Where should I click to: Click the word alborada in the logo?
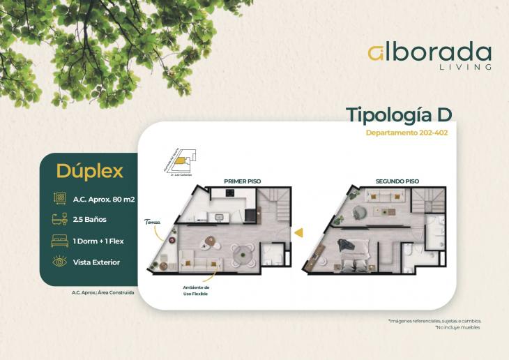coord(430,53)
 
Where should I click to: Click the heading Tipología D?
coord(399,115)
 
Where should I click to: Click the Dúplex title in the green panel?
coord(90,171)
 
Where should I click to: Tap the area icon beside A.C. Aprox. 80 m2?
coord(59,199)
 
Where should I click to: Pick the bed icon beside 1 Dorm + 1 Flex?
coord(59,241)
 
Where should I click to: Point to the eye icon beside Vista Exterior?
coord(59,262)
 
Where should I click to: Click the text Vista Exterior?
coord(96,262)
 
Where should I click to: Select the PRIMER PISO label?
coord(242,181)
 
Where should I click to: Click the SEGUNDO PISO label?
coord(397,181)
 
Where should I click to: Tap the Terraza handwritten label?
coord(153,223)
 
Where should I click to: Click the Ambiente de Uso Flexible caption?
coord(196,290)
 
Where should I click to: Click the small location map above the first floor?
coord(179,161)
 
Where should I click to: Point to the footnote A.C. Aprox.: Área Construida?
coord(103,292)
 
